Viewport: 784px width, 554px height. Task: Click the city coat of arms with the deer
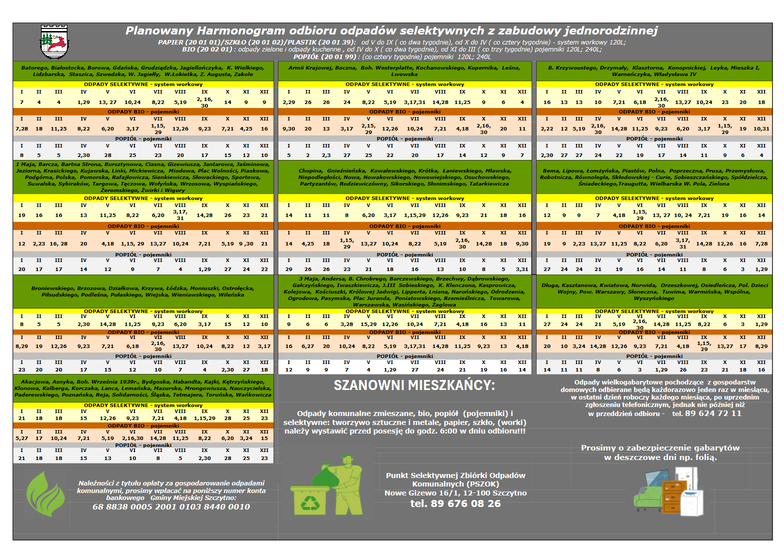point(54,42)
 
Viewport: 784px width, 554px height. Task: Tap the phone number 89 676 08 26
point(455,503)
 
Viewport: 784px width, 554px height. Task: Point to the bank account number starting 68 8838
point(171,506)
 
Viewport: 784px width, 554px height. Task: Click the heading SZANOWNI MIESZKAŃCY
point(414,385)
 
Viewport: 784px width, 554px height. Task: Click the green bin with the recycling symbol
point(310,500)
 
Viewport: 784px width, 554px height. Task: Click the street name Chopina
point(310,171)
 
